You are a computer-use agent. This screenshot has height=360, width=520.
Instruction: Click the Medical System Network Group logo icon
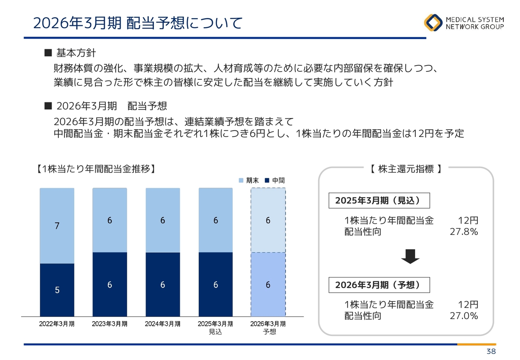pyautogui.click(x=433, y=22)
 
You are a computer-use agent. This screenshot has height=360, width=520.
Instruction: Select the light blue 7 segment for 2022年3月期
pyautogui.click(x=57, y=226)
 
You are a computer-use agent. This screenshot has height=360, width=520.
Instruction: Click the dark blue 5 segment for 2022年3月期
pyautogui.click(x=57, y=290)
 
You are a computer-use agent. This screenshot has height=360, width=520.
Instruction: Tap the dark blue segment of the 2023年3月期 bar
pyautogui.click(x=110, y=284)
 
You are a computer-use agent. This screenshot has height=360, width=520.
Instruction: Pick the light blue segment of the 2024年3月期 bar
pyautogui.click(x=163, y=220)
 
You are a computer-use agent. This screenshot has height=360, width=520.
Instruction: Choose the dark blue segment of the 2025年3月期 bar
pyautogui.click(x=216, y=284)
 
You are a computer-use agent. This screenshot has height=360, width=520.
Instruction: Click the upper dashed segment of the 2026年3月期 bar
pyautogui.click(x=268, y=220)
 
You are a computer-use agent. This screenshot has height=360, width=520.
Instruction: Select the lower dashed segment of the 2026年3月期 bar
pyautogui.click(x=268, y=284)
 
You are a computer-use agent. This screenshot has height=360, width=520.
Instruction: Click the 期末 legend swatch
pyautogui.click(x=241, y=180)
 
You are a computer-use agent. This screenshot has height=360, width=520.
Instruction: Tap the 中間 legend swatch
pyautogui.click(x=267, y=180)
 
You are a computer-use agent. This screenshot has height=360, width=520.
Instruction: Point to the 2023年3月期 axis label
pyautogui.click(x=110, y=324)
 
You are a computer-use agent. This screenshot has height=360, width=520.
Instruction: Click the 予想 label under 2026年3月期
pyautogui.click(x=269, y=332)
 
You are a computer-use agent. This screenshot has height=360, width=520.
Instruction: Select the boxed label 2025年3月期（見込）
pyautogui.click(x=379, y=200)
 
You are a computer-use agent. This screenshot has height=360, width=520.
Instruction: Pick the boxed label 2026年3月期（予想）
pyautogui.click(x=379, y=285)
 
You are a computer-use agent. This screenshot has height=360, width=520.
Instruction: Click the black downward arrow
pyautogui.click(x=410, y=256)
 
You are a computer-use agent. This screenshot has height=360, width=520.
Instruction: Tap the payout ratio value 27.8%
pyautogui.click(x=464, y=232)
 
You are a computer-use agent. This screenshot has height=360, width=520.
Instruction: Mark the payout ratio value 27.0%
pyautogui.click(x=464, y=316)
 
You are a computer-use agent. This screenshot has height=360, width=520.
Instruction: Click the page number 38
pyautogui.click(x=491, y=351)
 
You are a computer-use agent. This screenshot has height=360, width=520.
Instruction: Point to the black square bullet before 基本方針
pyautogui.click(x=48, y=53)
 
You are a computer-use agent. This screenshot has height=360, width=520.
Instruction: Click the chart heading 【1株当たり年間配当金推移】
pyautogui.click(x=95, y=169)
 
